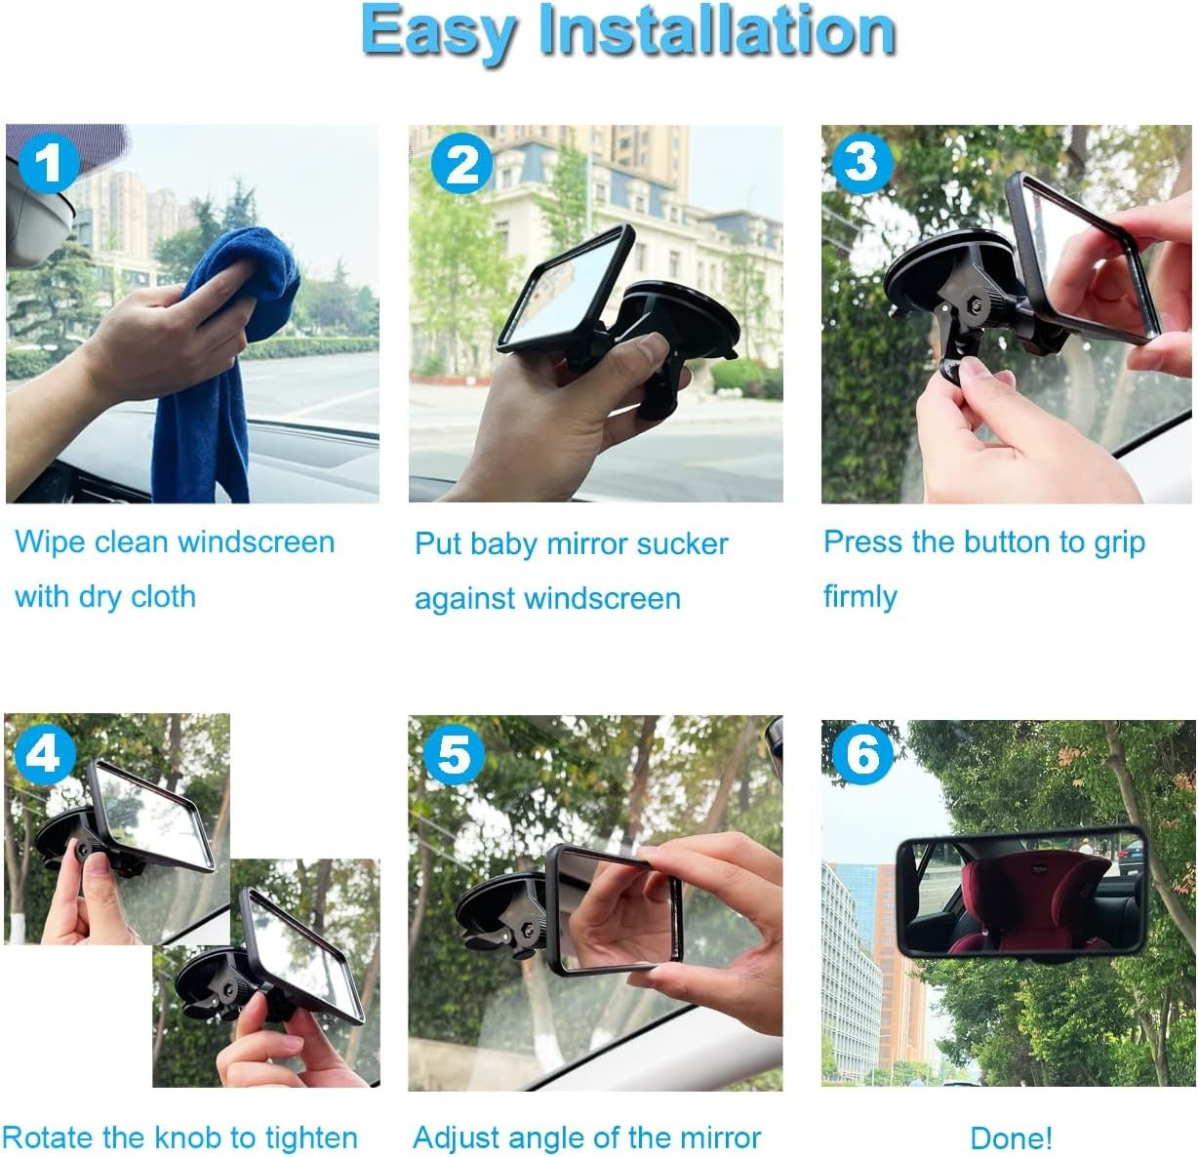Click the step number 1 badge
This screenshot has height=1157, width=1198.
coord(48,163)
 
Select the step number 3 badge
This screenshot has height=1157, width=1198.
coord(861,162)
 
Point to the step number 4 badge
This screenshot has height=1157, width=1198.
coord(44,753)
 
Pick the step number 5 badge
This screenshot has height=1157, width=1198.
coord(454,755)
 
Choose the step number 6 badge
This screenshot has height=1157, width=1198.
coord(862,754)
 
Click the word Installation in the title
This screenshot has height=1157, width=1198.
coord(717,31)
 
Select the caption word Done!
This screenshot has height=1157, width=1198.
coord(1011,1137)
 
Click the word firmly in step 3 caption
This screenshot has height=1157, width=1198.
coord(859,596)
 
